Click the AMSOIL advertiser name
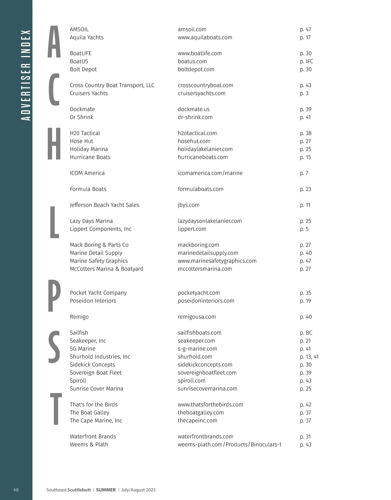(79, 29)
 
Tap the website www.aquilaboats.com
(205, 37)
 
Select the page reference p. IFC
(306, 61)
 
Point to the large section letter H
(54, 144)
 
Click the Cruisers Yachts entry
(89, 93)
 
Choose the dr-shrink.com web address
(195, 117)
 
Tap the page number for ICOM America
(304, 173)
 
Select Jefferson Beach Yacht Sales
(104, 205)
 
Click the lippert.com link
(192, 229)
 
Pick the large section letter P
(54, 296)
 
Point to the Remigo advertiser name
(79, 317)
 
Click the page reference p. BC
(306, 333)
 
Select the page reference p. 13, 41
(309, 357)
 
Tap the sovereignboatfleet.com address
(207, 373)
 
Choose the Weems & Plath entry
(89, 444)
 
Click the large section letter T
(55, 409)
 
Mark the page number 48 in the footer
(16, 490)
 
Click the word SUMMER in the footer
(106, 490)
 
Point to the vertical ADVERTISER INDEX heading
(25, 75)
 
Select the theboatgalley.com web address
(201, 412)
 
